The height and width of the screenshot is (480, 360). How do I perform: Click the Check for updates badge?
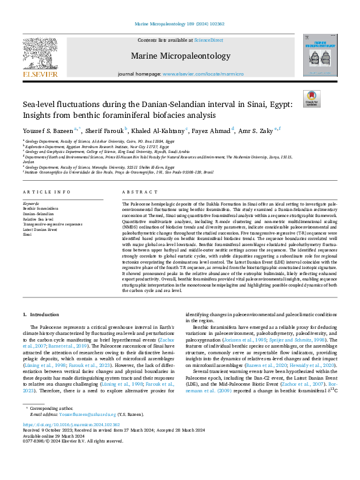[311, 99]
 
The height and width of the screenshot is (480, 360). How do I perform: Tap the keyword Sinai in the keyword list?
[27, 233]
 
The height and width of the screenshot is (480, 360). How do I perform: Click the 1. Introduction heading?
[41, 315]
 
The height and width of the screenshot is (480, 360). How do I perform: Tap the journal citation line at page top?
[180, 25]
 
